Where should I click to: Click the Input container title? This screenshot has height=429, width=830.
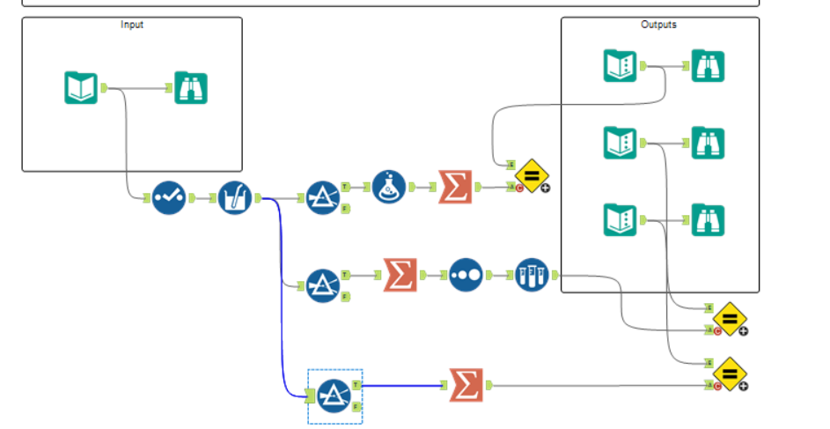click(132, 25)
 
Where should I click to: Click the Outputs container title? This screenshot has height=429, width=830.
click(659, 25)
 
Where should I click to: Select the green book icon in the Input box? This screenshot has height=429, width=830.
click(81, 88)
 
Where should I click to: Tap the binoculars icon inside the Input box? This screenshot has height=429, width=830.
click(191, 88)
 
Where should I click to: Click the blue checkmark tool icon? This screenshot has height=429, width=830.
click(167, 198)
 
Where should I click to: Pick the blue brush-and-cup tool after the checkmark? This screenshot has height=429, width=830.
click(234, 198)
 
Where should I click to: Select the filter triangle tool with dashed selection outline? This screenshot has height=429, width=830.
click(334, 396)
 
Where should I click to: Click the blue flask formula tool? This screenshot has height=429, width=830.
click(389, 188)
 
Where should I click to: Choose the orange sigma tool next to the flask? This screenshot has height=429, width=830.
click(455, 188)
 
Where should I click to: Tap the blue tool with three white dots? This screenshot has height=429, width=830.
click(465, 275)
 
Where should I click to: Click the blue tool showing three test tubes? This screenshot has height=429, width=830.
click(531, 275)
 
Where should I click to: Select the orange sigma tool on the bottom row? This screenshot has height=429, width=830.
click(466, 385)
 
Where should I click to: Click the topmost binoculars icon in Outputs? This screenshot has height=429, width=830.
click(708, 66)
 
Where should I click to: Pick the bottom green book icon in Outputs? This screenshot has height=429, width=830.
click(620, 220)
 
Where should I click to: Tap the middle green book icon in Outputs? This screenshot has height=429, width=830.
click(620, 143)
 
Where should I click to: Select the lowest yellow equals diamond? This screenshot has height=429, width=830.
click(730, 374)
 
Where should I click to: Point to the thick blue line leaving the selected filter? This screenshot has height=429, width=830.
click(405, 385)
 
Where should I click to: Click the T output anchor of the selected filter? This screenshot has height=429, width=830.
click(356, 385)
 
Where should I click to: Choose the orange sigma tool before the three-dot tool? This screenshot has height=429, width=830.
click(400, 275)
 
